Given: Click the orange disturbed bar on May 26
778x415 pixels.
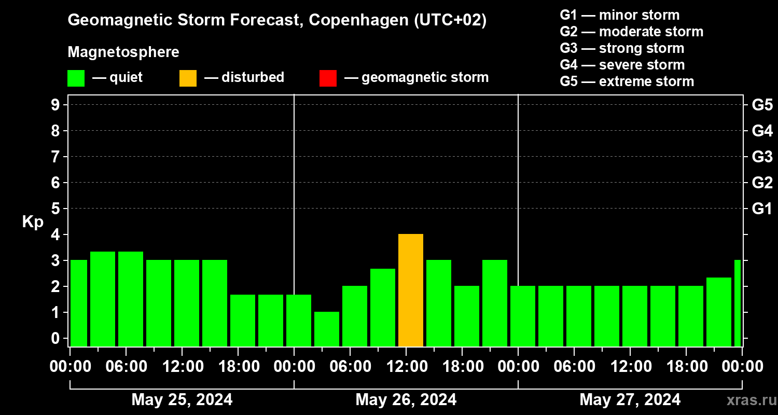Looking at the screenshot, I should pos(411,290).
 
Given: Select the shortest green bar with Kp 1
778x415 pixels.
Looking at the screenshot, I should pos(327,329).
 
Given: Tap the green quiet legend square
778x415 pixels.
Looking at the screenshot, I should pos(76,78).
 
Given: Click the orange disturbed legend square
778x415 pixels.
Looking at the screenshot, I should pos(188,78).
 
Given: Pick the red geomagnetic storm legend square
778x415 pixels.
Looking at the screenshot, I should pos(328,78).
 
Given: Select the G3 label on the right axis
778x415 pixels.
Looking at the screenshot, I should pos(762,157).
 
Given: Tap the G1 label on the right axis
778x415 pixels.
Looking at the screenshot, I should pos(762,209).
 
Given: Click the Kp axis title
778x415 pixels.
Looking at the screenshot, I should pos(32,222).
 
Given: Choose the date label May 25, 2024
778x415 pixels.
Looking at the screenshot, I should pos(182,400).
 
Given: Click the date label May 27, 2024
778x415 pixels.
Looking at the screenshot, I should pos(630,400).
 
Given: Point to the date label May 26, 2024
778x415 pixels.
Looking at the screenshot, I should pos(406,400).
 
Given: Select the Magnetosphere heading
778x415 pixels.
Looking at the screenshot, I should pos(123,52).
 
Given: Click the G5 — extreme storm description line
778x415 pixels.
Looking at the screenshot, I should pos(627,81).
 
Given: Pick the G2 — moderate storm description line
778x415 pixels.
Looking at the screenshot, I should pos(631,32).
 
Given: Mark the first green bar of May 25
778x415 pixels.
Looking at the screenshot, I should pos(79,303).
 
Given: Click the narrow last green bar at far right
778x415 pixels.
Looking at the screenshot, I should pos(738,303).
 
